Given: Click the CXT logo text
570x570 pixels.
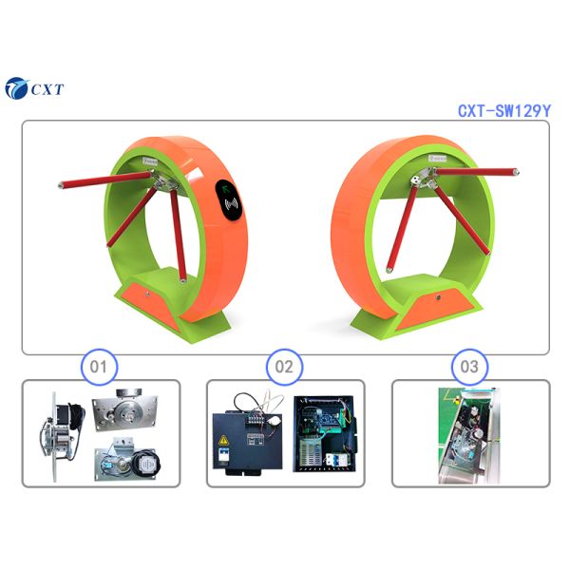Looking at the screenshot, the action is pos(47,89).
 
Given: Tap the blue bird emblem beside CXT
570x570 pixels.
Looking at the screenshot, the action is pos(16,88).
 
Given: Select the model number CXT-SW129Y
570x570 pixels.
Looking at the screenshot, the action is pos(504,110).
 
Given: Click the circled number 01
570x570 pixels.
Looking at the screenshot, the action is pos(99,367).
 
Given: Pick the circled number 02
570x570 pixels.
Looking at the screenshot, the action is pos(284,367).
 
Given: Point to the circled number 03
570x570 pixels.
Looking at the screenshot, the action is pos(469,367).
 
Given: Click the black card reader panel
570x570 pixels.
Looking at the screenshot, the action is pos(229,200).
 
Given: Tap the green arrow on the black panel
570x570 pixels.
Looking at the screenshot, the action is pos(226,188).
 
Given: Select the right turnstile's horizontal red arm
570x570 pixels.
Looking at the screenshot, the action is pos(477,172).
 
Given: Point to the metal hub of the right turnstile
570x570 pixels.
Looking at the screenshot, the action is pos(423,179).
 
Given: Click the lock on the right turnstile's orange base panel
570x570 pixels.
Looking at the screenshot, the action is pos(438,297).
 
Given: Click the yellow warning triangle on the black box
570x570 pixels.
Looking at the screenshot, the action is pos(223,440).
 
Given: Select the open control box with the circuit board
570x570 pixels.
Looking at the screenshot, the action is pos(324,434).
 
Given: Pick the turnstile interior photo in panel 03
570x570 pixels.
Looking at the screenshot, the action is pos(469,435).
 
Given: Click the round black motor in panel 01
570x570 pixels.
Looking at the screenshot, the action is pos(146,463).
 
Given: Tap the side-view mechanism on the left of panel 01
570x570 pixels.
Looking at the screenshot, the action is pos(61,435).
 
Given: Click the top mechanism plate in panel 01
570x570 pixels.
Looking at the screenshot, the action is pos(124,409).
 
